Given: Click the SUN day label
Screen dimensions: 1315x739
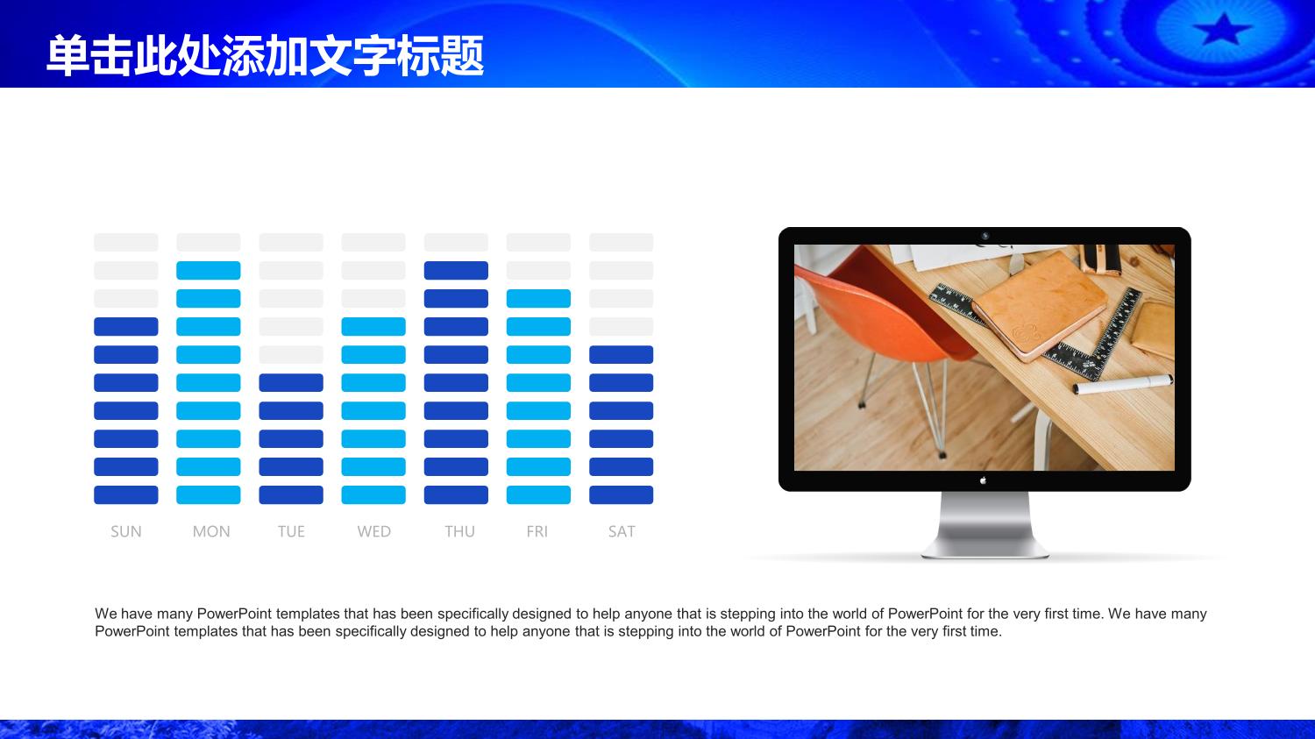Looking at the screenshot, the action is pos(125,532).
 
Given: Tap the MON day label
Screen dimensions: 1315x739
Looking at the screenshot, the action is pos(211,532).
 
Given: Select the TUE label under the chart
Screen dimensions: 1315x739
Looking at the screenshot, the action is pos(291,532).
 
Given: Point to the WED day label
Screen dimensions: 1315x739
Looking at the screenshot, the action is pos(374,532).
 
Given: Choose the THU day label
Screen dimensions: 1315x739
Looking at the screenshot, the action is pos(459,532).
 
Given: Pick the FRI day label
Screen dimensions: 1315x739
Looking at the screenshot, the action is pos(537,532).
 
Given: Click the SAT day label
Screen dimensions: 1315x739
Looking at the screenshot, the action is pos(622,532).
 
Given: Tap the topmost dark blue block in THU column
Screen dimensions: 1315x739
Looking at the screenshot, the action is pos(456,271).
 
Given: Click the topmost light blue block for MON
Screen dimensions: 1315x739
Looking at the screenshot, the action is pos(209,271).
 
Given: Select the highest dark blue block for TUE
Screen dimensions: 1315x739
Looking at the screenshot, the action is pos(291,383).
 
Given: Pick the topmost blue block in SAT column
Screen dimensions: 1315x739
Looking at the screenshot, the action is pos(621,354).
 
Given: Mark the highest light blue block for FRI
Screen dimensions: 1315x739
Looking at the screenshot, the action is pos(538,299).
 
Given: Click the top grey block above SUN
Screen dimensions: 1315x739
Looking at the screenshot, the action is pos(126,243).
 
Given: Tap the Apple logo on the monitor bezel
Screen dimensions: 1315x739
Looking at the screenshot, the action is pos(984,480).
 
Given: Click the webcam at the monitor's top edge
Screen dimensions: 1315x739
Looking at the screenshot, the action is pos(985,236).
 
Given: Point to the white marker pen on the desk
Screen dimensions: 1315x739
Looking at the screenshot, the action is pos(1123,385).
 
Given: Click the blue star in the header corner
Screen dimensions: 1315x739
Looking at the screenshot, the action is pos(1222,29).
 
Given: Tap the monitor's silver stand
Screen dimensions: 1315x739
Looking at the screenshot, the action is pos(985,524).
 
